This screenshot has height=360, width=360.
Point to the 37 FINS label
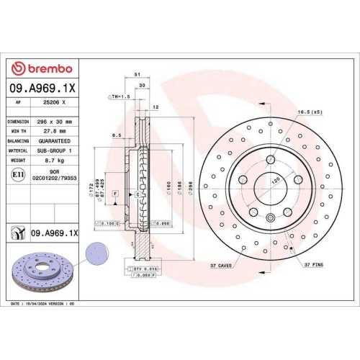[312, 265]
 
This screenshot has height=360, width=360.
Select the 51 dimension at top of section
[136, 73]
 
